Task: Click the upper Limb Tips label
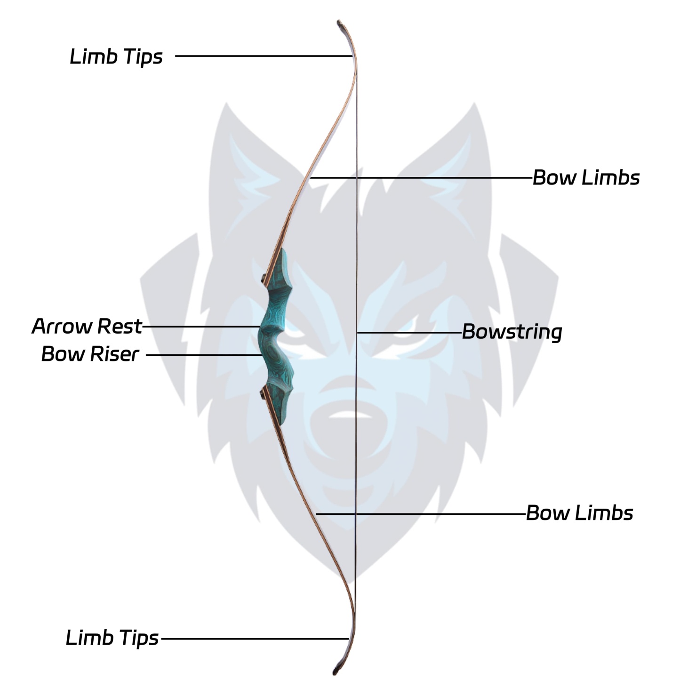[116, 57]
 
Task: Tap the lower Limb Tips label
[112, 638]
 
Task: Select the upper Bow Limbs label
[586, 178]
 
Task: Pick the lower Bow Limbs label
[579, 513]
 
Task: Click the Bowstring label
[512, 332]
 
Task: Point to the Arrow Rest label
[87, 326]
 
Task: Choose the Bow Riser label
[90, 354]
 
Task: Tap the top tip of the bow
[339, 23]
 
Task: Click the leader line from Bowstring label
[409, 333]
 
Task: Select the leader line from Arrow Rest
[201, 326]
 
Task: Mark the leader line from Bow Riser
[203, 355]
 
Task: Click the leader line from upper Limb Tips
[264, 56]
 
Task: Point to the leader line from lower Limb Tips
[254, 639]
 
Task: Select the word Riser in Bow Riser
[115, 354]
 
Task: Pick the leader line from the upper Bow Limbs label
[424, 178]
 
